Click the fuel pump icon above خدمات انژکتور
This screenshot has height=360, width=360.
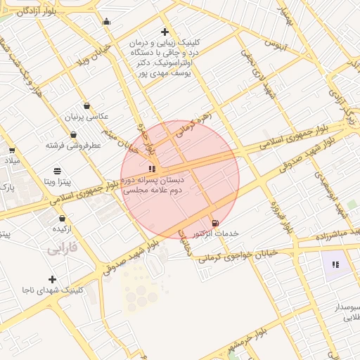coord(214,222)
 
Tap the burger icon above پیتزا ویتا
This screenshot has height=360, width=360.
coord(57,171)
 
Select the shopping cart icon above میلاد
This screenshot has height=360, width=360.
coord(11,150)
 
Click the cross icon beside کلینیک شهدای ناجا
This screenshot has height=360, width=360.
coord(52,279)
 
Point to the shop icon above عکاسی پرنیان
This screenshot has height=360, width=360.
coord(86,105)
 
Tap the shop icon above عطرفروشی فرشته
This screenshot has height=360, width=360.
coord(73,135)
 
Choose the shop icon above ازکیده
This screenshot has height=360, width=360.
coord(63,219)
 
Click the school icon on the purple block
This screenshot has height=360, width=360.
coord(335,264)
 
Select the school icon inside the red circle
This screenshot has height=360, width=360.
coord(152,169)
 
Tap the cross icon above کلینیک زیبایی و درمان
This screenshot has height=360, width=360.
coord(165,32)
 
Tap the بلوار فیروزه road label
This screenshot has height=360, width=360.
coord(278,214)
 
